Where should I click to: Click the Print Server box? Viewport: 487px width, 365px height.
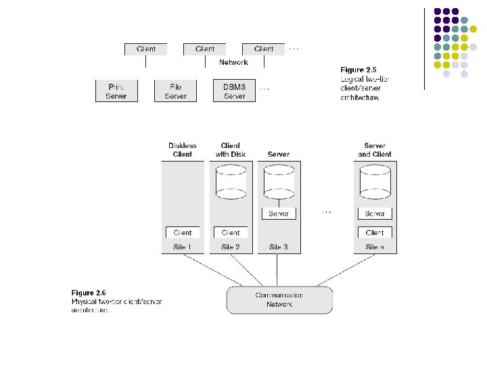tap(116, 91)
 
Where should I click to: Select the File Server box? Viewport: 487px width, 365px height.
tap(175, 91)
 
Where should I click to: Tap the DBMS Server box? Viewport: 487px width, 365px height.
tap(234, 91)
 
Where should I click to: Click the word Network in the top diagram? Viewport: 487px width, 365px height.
tap(233, 62)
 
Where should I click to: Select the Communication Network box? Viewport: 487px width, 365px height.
tap(279, 300)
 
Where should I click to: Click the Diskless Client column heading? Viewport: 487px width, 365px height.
tap(182, 150)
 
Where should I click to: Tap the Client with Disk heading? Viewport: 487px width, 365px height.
tap(230, 150)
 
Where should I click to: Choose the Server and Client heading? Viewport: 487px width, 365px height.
tap(374, 150)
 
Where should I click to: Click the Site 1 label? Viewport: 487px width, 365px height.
tap(182, 247)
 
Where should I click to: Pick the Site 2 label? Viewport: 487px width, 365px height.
tap(230, 247)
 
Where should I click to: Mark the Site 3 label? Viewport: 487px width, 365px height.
tap(278, 247)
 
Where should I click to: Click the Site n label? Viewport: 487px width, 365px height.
tap(374, 247)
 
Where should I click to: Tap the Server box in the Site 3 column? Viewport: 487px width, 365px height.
tap(278, 214)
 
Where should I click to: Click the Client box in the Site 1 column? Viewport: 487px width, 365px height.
tap(183, 233)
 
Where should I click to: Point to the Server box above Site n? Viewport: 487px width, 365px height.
tap(375, 214)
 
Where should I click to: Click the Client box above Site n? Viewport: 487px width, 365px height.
tap(375, 233)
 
